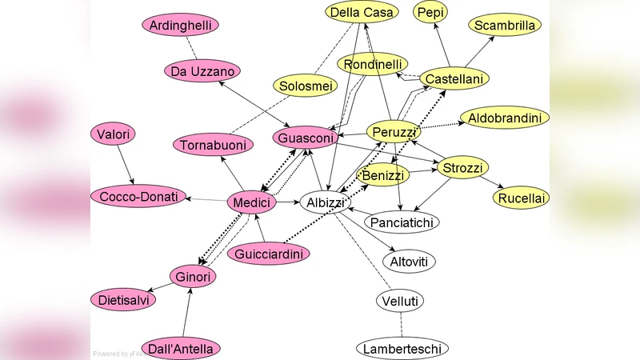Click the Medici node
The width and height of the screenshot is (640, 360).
[251, 203]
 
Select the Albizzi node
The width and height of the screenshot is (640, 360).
[326, 203]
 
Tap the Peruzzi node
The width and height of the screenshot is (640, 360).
[394, 131]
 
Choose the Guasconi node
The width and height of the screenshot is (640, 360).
[306, 138]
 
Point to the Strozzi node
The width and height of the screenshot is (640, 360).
[462, 168]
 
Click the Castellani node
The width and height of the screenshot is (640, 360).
[454, 78]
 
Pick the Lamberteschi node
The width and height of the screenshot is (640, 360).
[402, 349]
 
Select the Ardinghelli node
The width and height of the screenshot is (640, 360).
[181, 25]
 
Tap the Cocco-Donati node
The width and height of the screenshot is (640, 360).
[138, 196]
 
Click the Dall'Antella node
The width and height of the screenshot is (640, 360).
[181, 349]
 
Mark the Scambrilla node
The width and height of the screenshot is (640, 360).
[505, 26]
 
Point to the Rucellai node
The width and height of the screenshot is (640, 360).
[521, 198]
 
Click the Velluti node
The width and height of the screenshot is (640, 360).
[400, 301]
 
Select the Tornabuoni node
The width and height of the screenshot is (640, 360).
[213, 145]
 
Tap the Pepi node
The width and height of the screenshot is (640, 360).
[430, 12]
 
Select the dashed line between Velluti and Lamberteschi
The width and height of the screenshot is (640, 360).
[401, 325]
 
